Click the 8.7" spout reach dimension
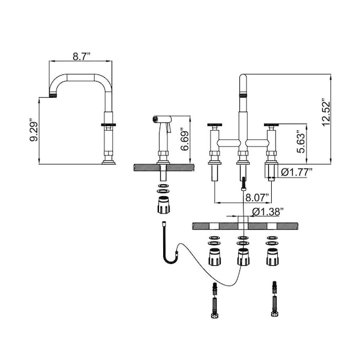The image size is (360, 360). [x=82, y=56]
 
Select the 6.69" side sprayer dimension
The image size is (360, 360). [x=185, y=141]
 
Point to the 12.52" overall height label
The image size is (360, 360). [x=326, y=113]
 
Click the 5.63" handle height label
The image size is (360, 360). [x=301, y=142]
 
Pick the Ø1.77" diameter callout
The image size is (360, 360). [x=296, y=172]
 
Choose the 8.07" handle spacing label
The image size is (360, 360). [x=257, y=197]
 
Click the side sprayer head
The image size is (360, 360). [x=162, y=119]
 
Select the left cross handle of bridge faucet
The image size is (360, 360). [x=215, y=125]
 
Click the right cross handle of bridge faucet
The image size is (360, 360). [x=271, y=125]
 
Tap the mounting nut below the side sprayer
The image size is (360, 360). [x=164, y=205]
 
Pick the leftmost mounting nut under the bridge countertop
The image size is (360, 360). [x=215, y=257]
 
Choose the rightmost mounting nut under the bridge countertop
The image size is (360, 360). [x=272, y=257]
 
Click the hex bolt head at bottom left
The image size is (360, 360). [x=214, y=315]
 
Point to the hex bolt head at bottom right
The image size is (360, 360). [x=274, y=314]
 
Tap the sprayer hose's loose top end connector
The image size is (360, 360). [x=164, y=223]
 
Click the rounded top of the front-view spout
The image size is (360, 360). [x=243, y=77]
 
